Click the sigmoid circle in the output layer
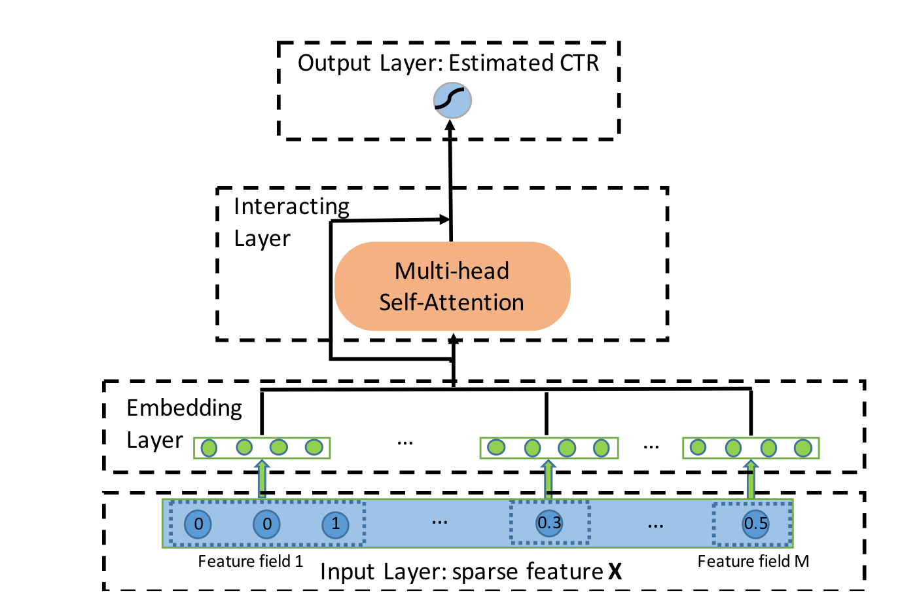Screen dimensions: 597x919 [452, 100]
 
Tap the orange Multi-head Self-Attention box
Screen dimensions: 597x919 [452, 286]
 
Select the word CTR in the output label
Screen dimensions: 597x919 [579, 63]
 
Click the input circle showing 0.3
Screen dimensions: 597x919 [549, 523]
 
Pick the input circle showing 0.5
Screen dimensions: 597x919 [755, 524]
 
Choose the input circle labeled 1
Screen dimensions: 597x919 [336, 524]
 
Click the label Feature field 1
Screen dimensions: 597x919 [250, 561]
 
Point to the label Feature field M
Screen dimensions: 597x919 [753, 561]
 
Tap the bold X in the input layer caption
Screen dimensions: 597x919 [615, 572]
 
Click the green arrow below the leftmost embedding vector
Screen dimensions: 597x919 [262, 479]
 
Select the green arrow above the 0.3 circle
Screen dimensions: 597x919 [549, 479]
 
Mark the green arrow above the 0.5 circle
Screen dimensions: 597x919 [751, 479]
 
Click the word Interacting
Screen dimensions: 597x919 [291, 206]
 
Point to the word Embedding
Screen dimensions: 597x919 [184, 408]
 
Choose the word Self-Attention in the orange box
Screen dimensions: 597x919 [452, 302]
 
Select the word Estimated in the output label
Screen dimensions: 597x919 [501, 63]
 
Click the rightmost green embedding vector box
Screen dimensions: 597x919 [751, 448]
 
